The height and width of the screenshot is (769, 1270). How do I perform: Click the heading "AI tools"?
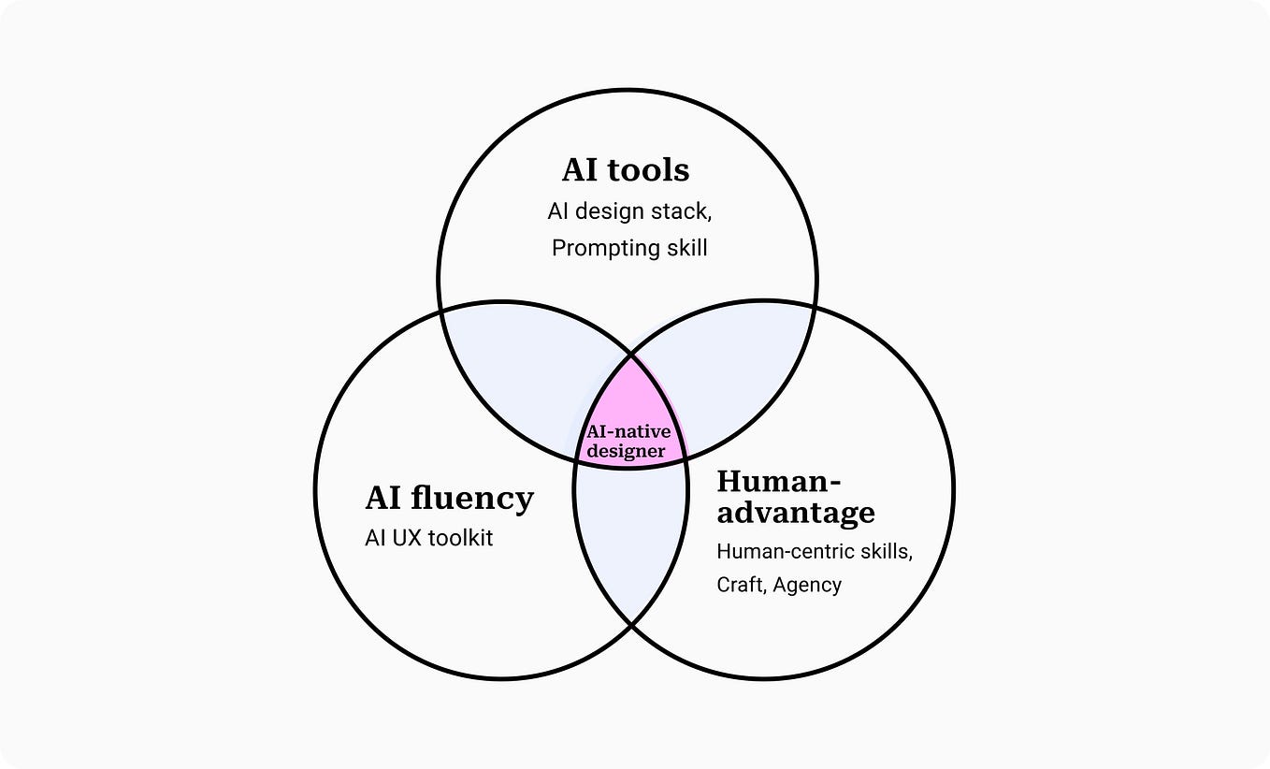(x=626, y=170)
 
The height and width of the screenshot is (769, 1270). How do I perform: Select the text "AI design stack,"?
(x=629, y=211)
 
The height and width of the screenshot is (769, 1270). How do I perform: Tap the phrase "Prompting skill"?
(x=629, y=248)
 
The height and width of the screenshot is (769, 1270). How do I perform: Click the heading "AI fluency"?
(x=449, y=498)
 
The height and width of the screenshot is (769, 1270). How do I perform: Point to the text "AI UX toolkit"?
(x=428, y=538)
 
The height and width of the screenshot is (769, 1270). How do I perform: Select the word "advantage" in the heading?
(x=796, y=513)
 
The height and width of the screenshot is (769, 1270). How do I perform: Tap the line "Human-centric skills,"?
(x=814, y=551)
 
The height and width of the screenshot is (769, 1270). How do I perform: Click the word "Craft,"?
(x=742, y=585)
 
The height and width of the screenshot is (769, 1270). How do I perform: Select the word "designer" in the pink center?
(x=627, y=451)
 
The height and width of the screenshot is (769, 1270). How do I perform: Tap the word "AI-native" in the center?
(x=628, y=432)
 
